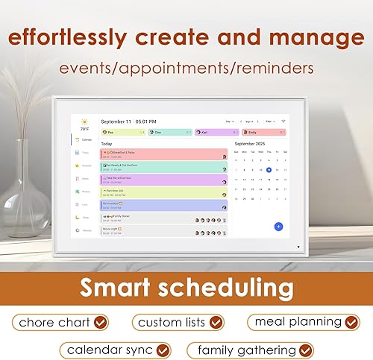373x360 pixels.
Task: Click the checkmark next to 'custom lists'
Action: pyautogui.click(x=216, y=323)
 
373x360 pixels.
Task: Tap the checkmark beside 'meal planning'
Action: pyautogui.click(x=351, y=323)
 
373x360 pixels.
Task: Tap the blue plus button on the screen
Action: pyautogui.click(x=278, y=226)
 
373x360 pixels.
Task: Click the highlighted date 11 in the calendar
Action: pyautogui.click(x=269, y=169)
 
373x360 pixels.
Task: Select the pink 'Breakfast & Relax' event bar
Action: pyautogui.click(x=163, y=154)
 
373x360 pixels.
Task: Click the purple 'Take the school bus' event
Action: pyautogui.click(x=163, y=179)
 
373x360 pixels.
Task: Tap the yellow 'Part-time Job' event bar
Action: pyautogui.click(x=163, y=192)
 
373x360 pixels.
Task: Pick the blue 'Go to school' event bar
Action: pyautogui.click(x=163, y=205)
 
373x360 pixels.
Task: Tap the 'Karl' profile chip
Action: pyautogui.click(x=210, y=132)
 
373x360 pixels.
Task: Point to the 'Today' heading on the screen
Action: pyautogui.click(x=107, y=143)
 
